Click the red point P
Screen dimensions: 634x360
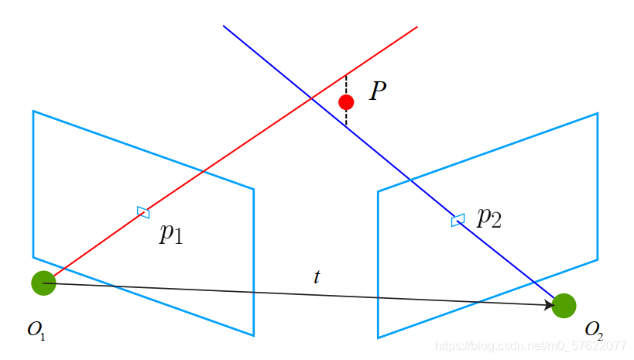point(346,102)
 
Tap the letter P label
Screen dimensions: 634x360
point(378,92)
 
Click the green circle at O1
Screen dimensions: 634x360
point(43,283)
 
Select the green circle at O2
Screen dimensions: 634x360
point(564,305)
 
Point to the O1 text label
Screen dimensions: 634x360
point(36,330)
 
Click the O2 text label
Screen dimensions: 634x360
point(594,330)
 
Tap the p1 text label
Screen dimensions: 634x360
point(171,234)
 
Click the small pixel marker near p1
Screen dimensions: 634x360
point(143,212)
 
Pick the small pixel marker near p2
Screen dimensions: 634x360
point(458,221)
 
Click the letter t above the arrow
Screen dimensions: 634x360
point(317,276)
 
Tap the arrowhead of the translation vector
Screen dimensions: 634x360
point(550,306)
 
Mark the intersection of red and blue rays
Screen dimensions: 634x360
point(311,98)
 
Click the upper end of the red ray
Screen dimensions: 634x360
point(416,27)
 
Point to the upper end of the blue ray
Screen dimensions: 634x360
point(224,26)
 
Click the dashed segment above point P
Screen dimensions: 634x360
point(346,84)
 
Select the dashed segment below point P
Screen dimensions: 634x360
point(346,118)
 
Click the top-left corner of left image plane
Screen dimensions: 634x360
point(33,111)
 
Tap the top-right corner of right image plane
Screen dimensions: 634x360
point(597,114)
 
